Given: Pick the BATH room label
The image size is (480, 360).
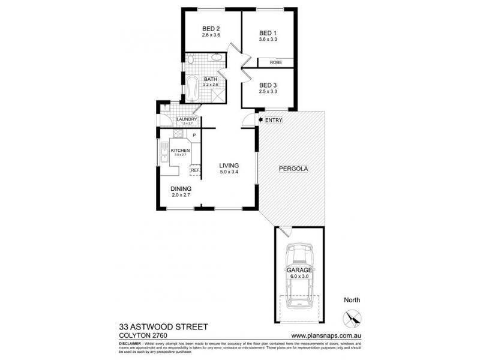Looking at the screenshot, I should coord(210,79).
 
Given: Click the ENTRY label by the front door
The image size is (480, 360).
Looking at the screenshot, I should coord(273,121).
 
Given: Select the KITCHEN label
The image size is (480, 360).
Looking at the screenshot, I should coord(180,150).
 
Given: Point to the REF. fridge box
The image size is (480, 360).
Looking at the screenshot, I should coord(194,170).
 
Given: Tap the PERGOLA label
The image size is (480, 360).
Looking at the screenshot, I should coord(293,169).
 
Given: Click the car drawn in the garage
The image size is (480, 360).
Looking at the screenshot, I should coord(298,276).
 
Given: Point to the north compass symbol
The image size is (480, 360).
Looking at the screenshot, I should coord(352,317).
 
